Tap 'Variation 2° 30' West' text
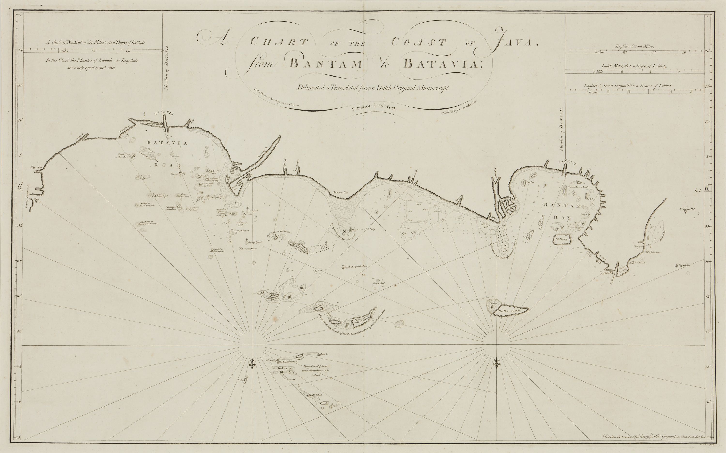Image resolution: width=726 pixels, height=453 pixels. (374, 107)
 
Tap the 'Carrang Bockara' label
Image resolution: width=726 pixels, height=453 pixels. (250, 249)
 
